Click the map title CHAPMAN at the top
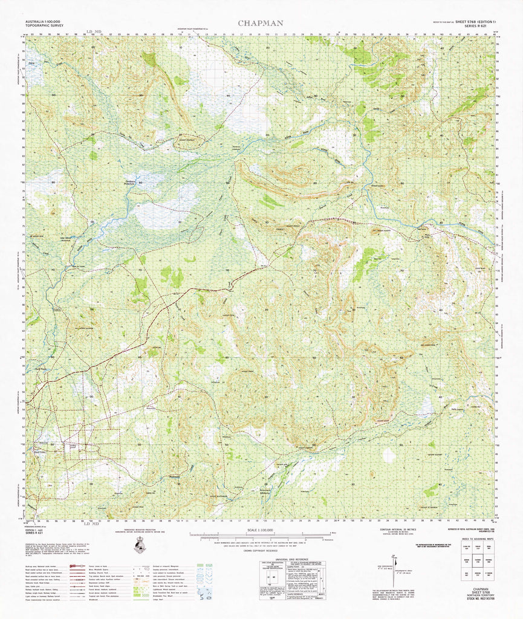tap(260, 23)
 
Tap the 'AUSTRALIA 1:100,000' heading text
tap(47, 22)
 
